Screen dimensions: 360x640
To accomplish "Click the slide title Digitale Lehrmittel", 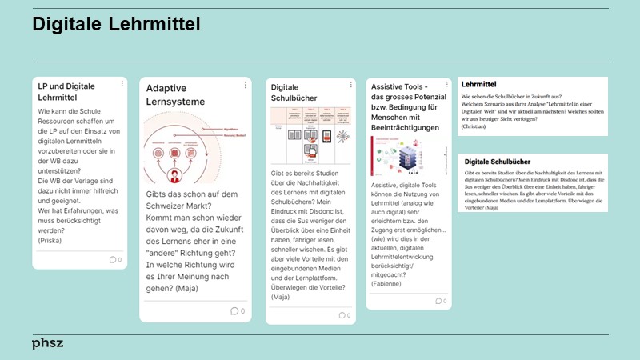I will (116, 26).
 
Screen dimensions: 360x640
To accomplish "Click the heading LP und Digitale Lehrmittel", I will (67, 91).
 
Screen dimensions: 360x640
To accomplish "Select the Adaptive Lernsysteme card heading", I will (175, 95).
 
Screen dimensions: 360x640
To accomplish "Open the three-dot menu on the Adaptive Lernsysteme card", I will (245, 84).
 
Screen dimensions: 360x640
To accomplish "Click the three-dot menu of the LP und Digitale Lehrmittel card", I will (122, 83).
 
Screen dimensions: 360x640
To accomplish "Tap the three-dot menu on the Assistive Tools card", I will (446, 83).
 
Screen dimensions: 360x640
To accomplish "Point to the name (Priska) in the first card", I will (50, 240).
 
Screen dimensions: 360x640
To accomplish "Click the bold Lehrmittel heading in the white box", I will (479, 84).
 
